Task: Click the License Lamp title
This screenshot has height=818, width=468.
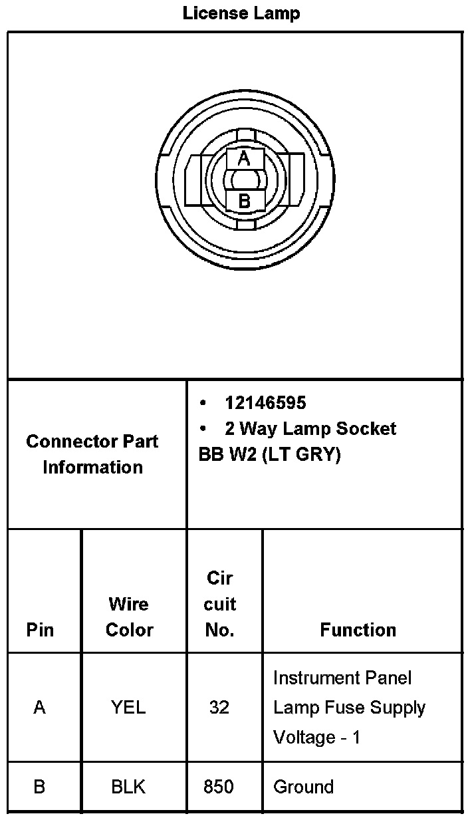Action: tap(241, 13)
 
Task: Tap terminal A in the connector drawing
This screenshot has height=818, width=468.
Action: tap(244, 158)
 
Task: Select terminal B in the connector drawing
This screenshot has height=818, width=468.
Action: tap(244, 201)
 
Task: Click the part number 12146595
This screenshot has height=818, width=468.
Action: tap(265, 403)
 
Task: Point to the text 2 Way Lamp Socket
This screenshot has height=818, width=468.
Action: tap(310, 428)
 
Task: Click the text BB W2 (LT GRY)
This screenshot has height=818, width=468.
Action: tap(269, 455)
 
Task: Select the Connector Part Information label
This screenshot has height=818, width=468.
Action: tap(92, 454)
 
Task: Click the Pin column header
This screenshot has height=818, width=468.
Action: tap(40, 630)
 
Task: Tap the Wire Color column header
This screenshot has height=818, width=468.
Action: tap(129, 616)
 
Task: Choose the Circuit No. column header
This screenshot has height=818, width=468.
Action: tap(219, 604)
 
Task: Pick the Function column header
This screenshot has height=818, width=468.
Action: tap(358, 630)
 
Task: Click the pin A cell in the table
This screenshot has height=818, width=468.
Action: tap(40, 707)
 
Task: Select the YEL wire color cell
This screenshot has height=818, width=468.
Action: tap(129, 707)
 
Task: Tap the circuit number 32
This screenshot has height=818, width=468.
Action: tap(219, 707)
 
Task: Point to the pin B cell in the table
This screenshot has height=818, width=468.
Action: tap(40, 787)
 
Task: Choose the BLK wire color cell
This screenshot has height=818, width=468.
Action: tap(129, 787)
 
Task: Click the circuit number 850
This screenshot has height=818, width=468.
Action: tap(219, 787)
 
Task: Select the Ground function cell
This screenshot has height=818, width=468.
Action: tap(303, 787)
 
